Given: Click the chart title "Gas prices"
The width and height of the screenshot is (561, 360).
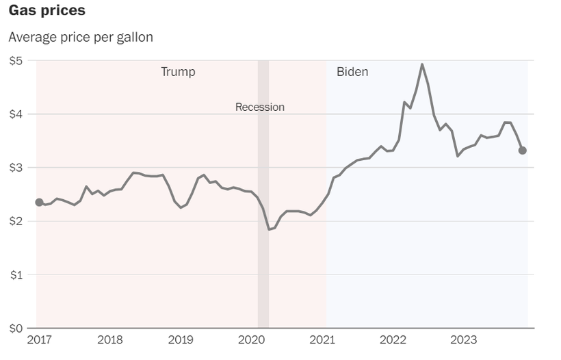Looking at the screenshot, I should coord(47,11).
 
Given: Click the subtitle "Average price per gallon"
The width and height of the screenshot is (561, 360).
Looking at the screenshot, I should coord(81,37).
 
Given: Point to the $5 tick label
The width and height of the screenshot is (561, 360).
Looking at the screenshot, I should coord(16,60).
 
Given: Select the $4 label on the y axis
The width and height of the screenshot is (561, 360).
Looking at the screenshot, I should coord(16,114).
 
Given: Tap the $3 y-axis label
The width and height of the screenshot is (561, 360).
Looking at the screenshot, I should coord(16,168).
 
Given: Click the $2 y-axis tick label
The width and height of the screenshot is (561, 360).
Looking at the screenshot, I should coord(16,221).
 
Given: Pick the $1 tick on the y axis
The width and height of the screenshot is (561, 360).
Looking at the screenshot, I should coord(16,274).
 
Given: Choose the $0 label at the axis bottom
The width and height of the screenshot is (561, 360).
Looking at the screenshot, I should coord(16,328).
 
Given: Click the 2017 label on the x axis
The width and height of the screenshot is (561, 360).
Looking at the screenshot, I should coord(39,339).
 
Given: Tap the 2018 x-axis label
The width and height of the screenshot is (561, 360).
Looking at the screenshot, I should coord(110,339).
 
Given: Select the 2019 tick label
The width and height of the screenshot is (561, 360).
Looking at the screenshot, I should coord(181,339).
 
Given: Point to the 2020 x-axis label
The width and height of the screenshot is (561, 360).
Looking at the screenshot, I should coord(252,339).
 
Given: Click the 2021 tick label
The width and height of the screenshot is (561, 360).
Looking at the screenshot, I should coord(322,339).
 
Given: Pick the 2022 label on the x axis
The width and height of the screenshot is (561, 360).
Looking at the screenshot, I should coord(393,339).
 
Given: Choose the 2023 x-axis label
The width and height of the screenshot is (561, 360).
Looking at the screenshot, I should coord(464,339).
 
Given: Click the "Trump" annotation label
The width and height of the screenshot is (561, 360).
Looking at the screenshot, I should coord(178,72).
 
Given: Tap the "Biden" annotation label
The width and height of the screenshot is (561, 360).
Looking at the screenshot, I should coord(352,72).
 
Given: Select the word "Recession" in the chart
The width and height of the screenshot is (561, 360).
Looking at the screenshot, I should coord(260,107).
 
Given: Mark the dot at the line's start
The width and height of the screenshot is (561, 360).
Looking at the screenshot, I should coord(39,203).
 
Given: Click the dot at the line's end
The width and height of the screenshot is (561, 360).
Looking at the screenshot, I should coord(522,151).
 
